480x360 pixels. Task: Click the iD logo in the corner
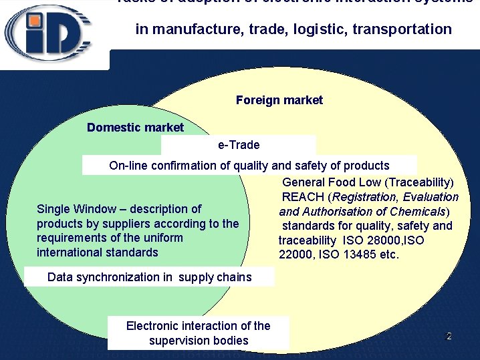(49, 33)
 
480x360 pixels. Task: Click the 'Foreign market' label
(279, 100)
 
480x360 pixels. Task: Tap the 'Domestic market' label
(135, 127)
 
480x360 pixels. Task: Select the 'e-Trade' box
(239, 144)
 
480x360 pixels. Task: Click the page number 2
(449, 336)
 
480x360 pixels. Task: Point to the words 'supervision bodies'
(199, 341)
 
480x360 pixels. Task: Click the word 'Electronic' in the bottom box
(155, 326)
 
